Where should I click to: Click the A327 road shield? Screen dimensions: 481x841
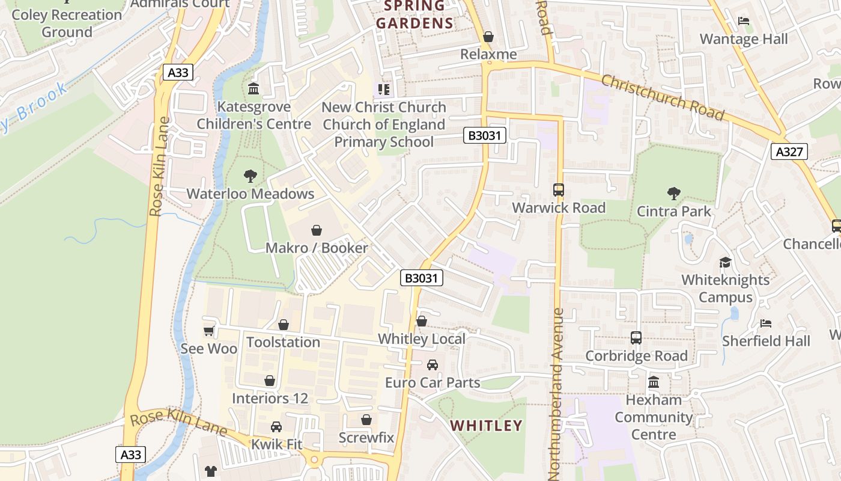(789, 152)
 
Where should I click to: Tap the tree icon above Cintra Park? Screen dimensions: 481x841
(673, 194)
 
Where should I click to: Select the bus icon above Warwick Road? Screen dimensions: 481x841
(558, 190)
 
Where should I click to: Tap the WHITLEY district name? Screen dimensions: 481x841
(486, 426)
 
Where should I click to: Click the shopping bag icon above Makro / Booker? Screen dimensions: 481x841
(316, 230)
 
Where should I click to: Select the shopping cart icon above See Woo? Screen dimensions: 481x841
(208, 331)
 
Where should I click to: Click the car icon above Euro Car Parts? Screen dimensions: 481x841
(432, 365)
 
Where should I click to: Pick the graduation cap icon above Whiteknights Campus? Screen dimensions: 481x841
(725, 263)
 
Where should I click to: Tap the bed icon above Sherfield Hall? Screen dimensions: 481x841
(765, 323)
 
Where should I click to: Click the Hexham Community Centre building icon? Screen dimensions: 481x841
(654, 382)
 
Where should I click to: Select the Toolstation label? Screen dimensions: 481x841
(283, 342)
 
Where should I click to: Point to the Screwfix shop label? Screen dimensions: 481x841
(366, 437)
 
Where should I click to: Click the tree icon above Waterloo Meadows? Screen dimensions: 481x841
(250, 176)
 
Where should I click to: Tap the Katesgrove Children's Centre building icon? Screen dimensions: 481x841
(254, 89)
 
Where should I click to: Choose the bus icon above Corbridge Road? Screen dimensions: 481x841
(636, 338)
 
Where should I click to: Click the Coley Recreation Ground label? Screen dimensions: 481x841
(67, 23)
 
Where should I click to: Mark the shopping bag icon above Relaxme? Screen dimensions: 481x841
(488, 37)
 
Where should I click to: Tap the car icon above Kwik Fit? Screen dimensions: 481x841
(276, 427)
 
